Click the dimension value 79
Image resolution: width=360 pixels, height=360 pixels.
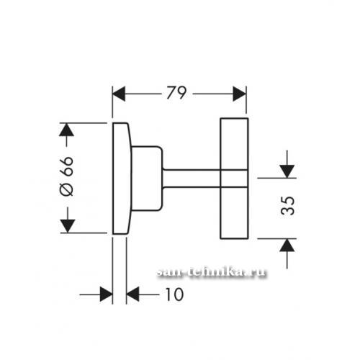tap(176, 93)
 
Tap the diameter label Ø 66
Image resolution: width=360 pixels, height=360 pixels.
tap(66, 176)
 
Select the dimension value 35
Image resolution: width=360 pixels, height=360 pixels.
tap(287, 205)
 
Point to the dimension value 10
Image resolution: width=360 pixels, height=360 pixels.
tap(174, 294)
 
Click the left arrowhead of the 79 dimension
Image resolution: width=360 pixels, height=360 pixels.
tap(119, 94)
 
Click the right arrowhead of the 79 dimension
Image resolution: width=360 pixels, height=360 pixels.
tap(240, 94)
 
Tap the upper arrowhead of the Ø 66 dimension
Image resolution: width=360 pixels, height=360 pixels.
tap(66, 130)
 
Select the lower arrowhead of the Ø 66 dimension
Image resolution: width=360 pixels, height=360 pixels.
tap(68, 226)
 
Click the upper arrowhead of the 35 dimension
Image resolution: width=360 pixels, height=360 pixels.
tap(287, 171)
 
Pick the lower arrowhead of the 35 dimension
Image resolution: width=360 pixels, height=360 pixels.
tap(287, 246)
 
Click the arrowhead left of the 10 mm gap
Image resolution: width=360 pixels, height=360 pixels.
tap(106, 294)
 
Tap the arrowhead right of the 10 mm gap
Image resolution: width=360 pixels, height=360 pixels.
tap(133, 294)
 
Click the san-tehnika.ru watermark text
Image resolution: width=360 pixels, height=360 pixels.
tap(211, 273)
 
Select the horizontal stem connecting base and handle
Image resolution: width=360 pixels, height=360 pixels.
tap(192, 178)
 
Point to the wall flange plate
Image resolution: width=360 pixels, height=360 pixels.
tap(122, 179)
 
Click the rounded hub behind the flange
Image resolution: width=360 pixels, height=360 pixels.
tap(148, 179)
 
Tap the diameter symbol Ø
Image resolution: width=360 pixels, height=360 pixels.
tap(66, 189)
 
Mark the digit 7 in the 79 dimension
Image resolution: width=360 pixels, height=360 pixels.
tap(171, 93)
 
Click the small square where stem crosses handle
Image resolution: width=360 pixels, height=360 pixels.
tap(234, 178)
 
